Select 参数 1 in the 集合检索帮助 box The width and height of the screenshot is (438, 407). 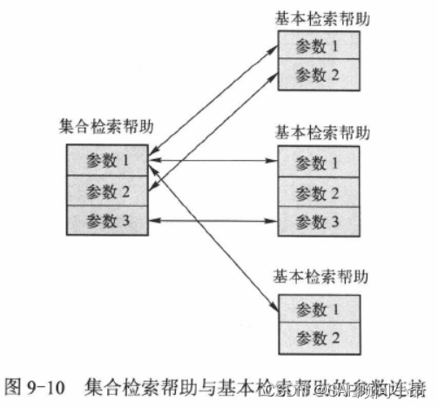coord(107,160)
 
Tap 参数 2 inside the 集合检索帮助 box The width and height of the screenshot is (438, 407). coord(107,190)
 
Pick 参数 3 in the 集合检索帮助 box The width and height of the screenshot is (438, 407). coord(107,221)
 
